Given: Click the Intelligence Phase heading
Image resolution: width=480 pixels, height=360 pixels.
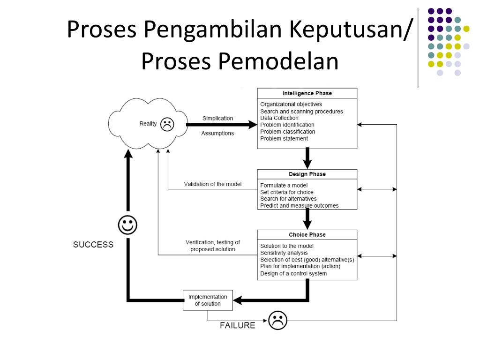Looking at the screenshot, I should click(x=307, y=93).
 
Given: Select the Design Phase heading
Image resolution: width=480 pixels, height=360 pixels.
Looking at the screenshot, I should click(x=307, y=174).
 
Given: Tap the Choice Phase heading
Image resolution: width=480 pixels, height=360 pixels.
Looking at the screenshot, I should click(x=307, y=235).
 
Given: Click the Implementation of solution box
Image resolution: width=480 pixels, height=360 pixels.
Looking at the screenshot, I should click(x=208, y=300).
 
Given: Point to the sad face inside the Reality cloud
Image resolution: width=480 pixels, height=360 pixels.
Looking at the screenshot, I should click(x=167, y=124).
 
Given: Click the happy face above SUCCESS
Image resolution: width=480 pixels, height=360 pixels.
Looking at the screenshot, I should click(x=127, y=225).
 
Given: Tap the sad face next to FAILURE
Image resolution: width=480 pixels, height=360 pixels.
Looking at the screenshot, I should click(x=277, y=320).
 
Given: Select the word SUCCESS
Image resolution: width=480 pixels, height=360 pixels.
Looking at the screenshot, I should click(x=93, y=245).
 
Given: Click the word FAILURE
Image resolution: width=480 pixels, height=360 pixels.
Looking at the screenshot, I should click(x=238, y=325).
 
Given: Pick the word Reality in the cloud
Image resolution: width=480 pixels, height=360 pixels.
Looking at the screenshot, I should click(x=148, y=124).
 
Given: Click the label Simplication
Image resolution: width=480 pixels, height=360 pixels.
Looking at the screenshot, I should click(x=217, y=118).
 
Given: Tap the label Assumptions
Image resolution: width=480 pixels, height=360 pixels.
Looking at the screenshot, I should click(x=217, y=133).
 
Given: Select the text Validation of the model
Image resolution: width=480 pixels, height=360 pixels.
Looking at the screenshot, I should click(x=213, y=184).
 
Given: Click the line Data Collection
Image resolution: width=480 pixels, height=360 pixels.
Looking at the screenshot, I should click(x=279, y=118).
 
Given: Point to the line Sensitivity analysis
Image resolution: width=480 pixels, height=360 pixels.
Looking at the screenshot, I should click(x=284, y=253).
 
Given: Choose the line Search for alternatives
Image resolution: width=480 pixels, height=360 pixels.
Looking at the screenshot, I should click(x=288, y=199).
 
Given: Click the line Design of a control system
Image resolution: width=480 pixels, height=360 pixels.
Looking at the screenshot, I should click(x=293, y=273).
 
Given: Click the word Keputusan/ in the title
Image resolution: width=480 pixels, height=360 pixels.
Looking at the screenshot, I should click(x=351, y=30).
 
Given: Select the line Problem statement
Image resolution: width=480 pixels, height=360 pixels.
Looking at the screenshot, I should click(x=284, y=138).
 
